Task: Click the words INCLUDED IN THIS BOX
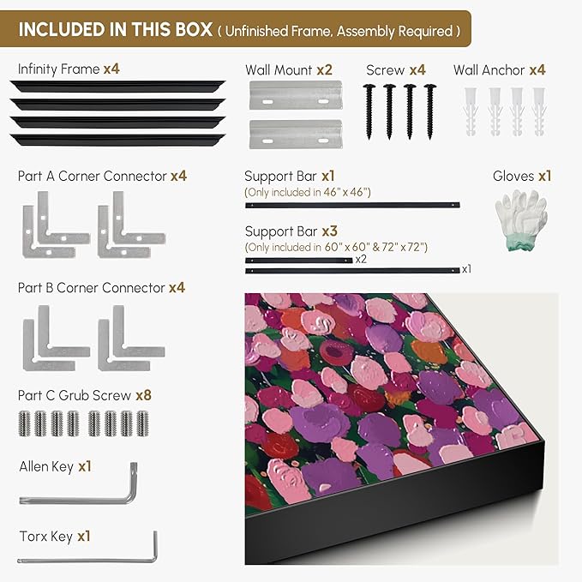pyautogui.click(x=116, y=30)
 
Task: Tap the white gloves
pyautogui.click(x=521, y=219)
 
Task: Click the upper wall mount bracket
pyautogui.click(x=296, y=95)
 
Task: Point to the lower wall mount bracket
pyautogui.click(x=296, y=134)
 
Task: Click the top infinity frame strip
pyautogui.click(x=117, y=86)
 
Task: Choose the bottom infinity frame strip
pyautogui.click(x=117, y=140)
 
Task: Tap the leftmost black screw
pyautogui.click(x=369, y=111)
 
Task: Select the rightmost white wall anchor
pyautogui.click(x=539, y=111)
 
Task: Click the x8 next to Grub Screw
pyautogui.click(x=144, y=395)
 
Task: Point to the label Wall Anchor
pyautogui.click(x=489, y=69)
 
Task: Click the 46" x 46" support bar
pyautogui.click(x=352, y=205)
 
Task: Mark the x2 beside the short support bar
pyautogui.click(x=361, y=259)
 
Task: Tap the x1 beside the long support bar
pyautogui.click(x=466, y=269)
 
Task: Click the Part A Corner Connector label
pyautogui.click(x=93, y=177)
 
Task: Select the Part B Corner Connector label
pyautogui.click(x=92, y=288)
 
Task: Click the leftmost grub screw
pyautogui.click(x=24, y=423)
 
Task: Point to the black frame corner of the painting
pyautogui.click(x=543, y=441)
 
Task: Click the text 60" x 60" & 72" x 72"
pyautogui.click(x=376, y=247)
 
